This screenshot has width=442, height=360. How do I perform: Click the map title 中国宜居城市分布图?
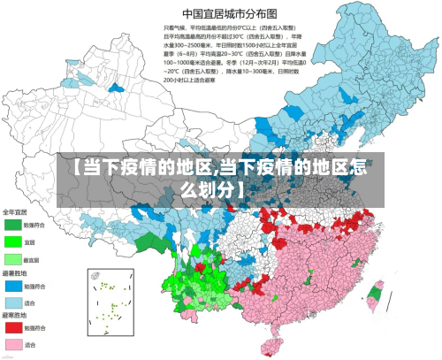[229, 13]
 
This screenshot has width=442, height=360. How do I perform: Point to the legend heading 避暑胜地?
[14, 274]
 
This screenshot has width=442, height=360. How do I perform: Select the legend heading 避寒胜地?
[14, 316]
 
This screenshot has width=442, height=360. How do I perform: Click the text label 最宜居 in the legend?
[33, 259]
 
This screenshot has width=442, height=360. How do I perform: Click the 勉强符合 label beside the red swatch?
[34, 328]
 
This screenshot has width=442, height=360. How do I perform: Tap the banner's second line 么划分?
[217, 188]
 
